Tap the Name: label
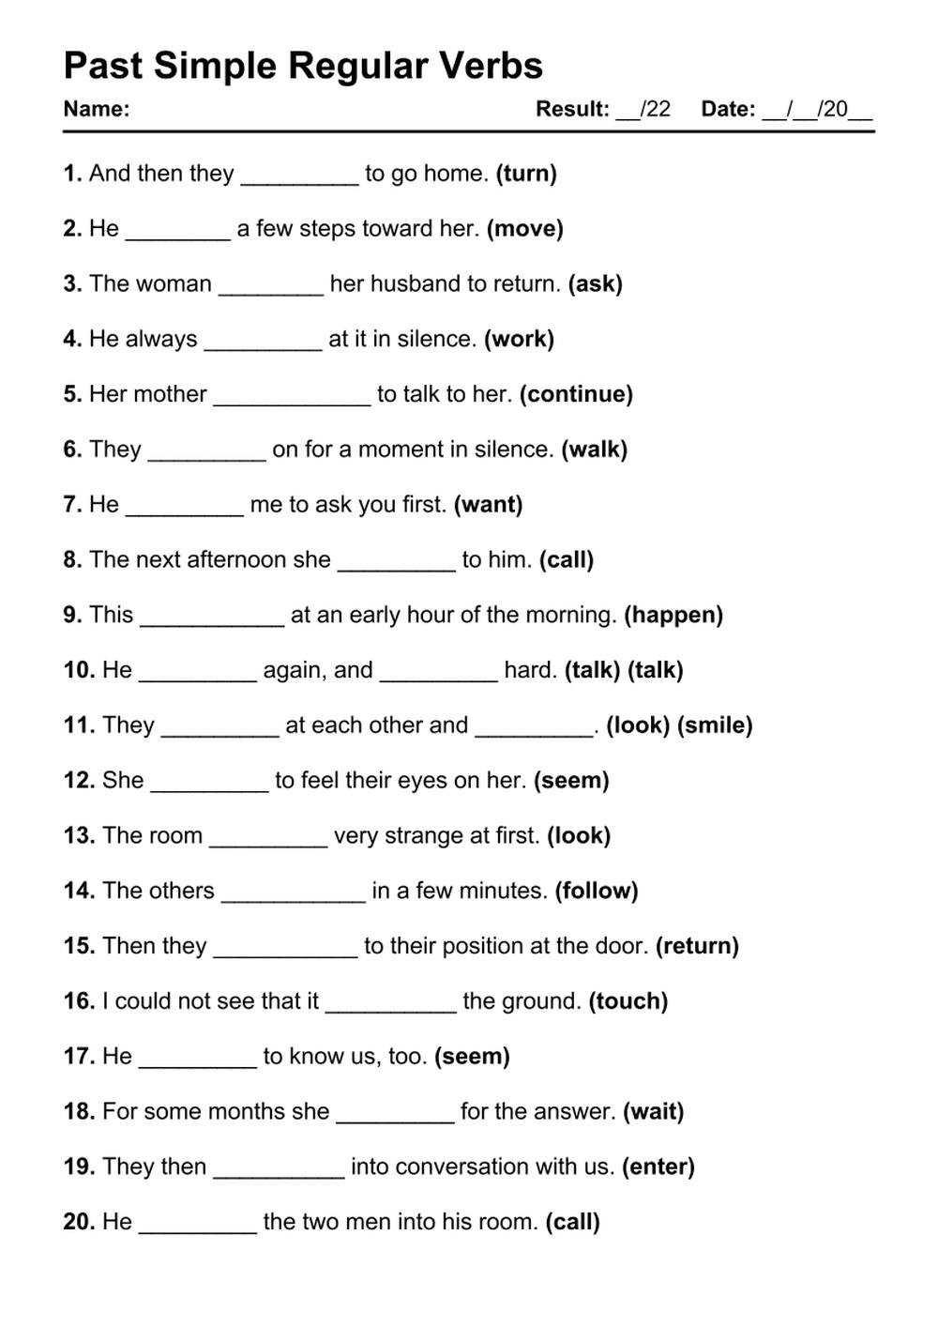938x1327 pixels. click(97, 109)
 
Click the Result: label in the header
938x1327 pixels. click(572, 109)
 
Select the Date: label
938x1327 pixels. click(728, 109)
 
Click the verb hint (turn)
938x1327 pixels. click(526, 174)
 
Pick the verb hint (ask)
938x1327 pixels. click(596, 284)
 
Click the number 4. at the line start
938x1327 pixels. click(73, 339)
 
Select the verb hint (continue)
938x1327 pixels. click(576, 394)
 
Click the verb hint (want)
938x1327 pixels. click(488, 505)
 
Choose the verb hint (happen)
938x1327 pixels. click(673, 616)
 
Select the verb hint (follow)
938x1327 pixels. click(597, 892)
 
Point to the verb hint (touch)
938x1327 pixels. click(628, 1001)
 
